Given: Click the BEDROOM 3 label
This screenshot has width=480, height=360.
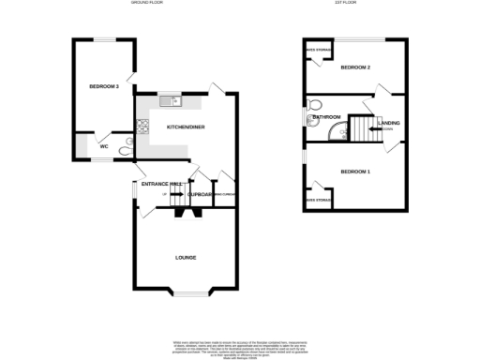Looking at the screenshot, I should [103, 86].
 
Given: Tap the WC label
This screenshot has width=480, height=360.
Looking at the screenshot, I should [104, 145].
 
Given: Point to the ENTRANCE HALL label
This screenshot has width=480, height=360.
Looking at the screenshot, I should [160, 184].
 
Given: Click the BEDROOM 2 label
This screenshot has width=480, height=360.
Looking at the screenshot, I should [355, 67].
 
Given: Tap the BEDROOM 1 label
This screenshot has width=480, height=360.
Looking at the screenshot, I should [355, 172].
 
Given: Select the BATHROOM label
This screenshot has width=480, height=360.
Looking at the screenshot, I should [326, 116].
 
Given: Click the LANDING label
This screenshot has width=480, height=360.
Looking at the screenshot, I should [388, 123].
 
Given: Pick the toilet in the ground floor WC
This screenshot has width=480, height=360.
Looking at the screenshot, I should [125, 145].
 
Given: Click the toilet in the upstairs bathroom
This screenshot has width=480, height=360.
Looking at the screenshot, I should [315, 103].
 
